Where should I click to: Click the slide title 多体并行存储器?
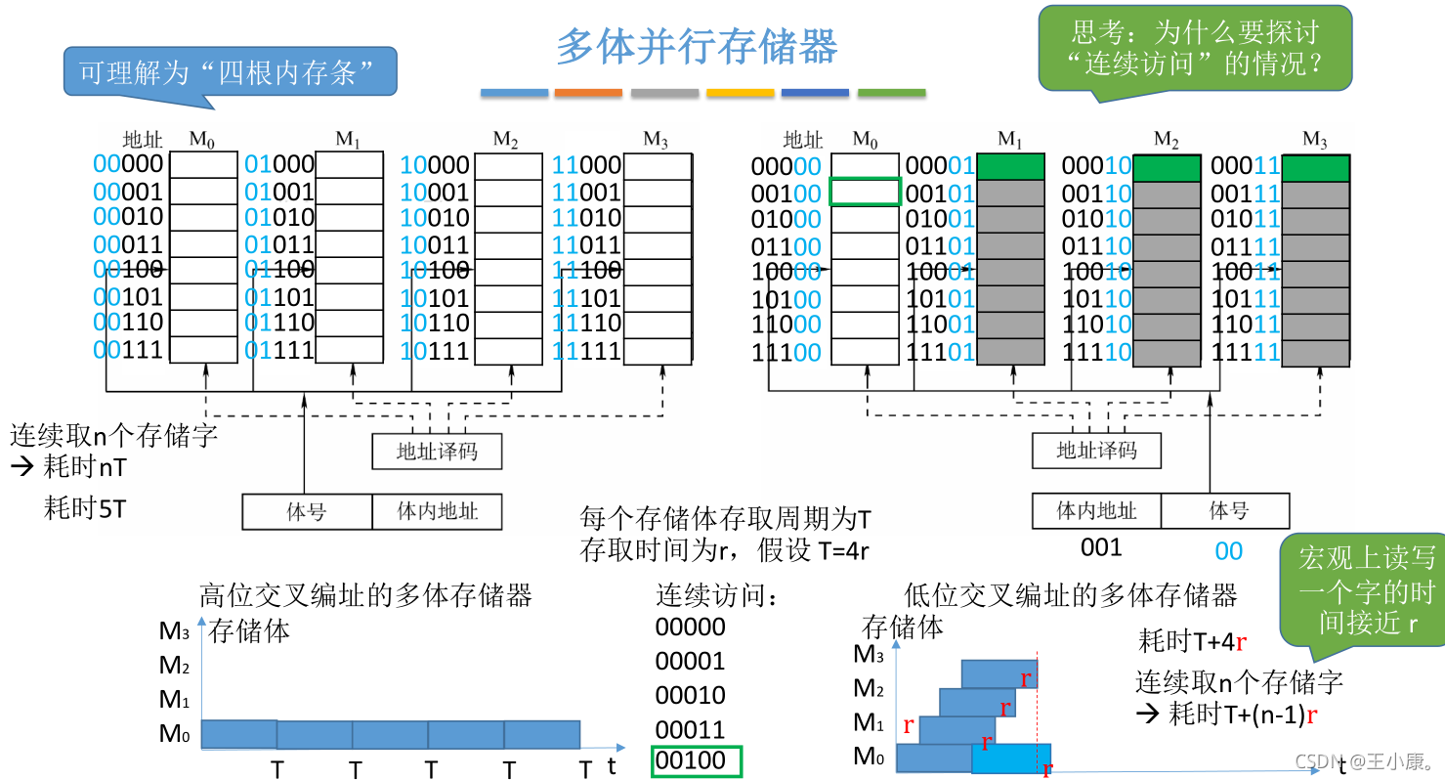click(697, 46)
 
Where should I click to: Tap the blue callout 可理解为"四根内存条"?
click(231, 71)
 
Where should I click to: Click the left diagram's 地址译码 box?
click(437, 452)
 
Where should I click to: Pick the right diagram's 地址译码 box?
click(1097, 451)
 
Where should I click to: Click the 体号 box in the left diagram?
click(307, 511)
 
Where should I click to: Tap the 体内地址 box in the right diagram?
click(1096, 510)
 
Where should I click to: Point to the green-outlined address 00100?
click(697, 760)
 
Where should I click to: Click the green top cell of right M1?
click(1010, 167)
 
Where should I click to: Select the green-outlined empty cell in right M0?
click(865, 192)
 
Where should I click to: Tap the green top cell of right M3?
click(1315, 168)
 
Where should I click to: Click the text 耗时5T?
click(85, 508)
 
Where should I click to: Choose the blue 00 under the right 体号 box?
click(1228, 551)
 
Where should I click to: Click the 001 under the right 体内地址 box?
click(1101, 547)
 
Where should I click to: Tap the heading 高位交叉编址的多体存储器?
click(365, 594)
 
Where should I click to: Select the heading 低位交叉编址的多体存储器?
click(1071, 594)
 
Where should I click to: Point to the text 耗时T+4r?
click(1193, 642)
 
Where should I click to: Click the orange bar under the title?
click(588, 93)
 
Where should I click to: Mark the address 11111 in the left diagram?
click(587, 350)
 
